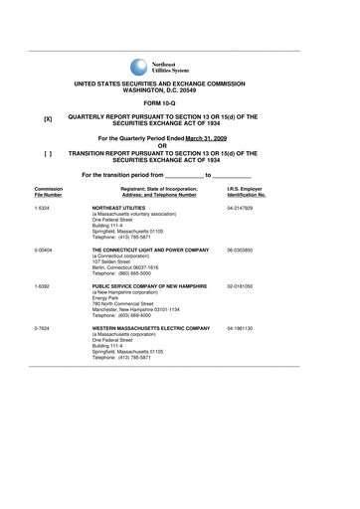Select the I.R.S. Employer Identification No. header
click(x=246, y=191)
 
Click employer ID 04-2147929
click(x=241, y=209)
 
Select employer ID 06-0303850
click(x=241, y=251)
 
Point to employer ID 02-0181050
click(x=241, y=286)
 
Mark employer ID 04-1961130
click(x=241, y=327)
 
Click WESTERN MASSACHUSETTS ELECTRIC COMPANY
click(x=150, y=327)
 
